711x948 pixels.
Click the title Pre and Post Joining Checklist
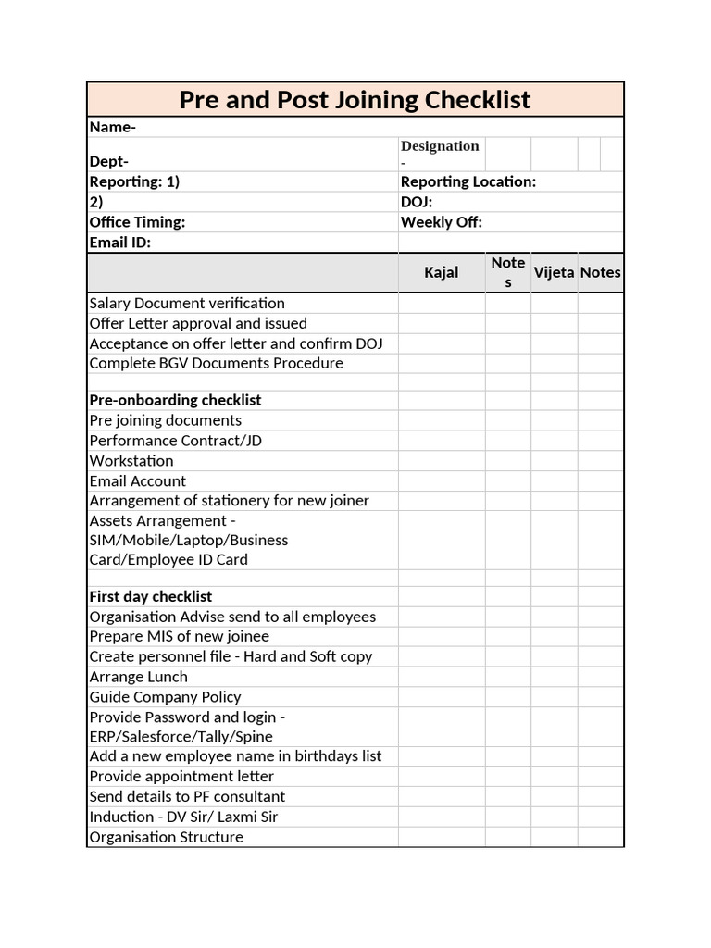coord(355,100)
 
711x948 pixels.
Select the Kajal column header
coord(441,272)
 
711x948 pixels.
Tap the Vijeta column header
coord(554,272)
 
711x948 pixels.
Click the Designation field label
coord(440,146)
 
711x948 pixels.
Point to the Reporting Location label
coord(468,181)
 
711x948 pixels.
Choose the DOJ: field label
coord(417,202)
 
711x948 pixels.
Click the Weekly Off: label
coord(441,222)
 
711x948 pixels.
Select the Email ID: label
coord(119,243)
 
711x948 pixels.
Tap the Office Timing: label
coord(137,222)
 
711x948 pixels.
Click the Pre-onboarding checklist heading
coord(175,400)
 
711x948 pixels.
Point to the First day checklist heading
coord(150,596)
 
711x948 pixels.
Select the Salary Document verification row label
coord(187,303)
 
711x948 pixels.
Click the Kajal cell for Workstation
coord(441,461)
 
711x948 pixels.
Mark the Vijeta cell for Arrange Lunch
coord(554,677)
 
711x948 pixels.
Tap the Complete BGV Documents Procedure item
coord(216,363)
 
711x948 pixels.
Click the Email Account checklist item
coord(137,480)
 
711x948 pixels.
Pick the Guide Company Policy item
coord(165,697)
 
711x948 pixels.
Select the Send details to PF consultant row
coord(187,796)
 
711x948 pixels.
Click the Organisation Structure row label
coord(166,837)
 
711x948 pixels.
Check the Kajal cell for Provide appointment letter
coord(441,776)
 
